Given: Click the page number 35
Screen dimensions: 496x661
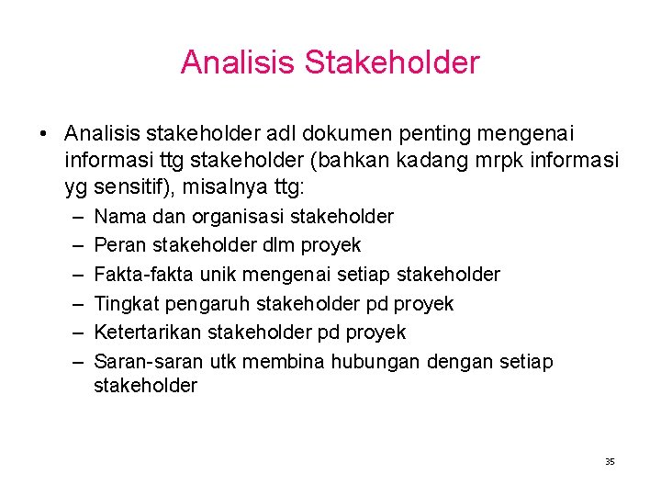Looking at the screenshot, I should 610,461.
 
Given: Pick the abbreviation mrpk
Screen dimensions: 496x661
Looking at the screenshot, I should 477,162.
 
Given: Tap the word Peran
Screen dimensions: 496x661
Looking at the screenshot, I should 117,245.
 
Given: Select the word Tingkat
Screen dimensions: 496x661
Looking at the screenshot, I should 124,303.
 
